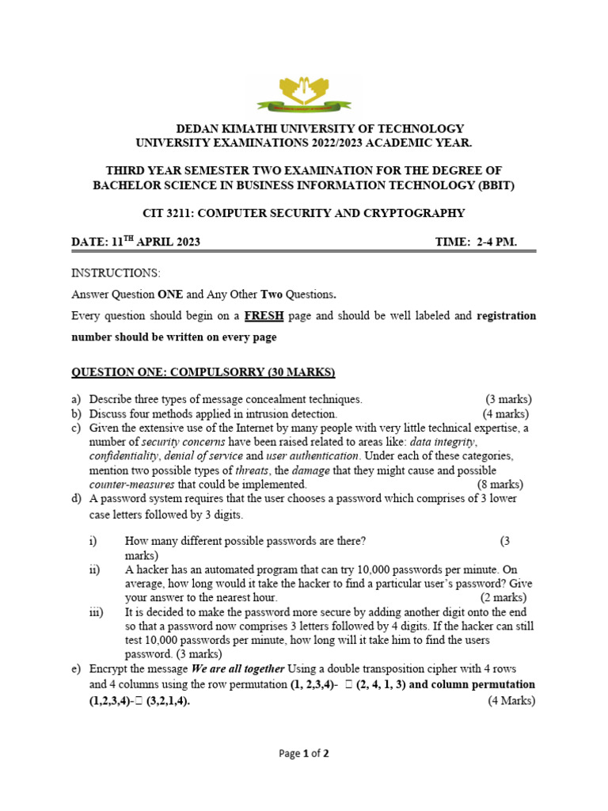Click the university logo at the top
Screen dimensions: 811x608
click(304, 93)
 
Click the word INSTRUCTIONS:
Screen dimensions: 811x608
click(116, 273)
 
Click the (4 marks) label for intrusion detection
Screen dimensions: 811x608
click(506, 413)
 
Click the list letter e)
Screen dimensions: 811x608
click(77, 669)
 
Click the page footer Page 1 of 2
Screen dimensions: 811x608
click(304, 754)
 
